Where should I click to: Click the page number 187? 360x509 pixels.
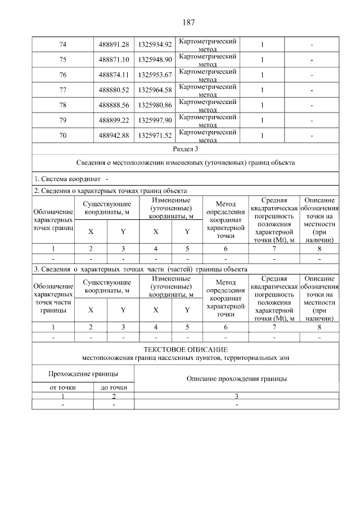(188, 22)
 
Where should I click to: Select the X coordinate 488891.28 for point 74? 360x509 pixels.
(114, 44)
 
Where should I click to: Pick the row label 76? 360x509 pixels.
(62, 75)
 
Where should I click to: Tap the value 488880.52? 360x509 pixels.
(114, 90)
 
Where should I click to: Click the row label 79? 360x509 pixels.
(62, 120)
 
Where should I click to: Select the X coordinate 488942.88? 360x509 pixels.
(114, 136)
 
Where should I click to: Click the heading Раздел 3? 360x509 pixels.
(185, 149)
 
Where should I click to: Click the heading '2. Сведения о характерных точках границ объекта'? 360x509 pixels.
(110, 191)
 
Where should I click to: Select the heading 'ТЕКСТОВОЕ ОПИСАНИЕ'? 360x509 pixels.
(185, 349)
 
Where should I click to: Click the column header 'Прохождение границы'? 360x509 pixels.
(83, 373)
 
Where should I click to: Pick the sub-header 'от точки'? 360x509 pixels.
(62, 388)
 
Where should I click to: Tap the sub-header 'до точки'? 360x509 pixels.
(114, 388)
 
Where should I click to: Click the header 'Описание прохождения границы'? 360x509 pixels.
(237, 379)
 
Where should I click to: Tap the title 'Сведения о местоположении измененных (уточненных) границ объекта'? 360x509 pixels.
(185, 163)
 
